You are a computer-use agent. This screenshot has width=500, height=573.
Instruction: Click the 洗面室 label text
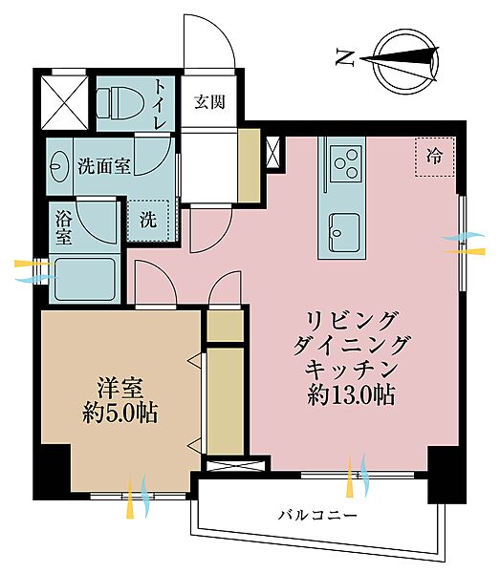click(104, 163)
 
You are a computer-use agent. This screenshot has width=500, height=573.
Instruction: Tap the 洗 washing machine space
click(149, 219)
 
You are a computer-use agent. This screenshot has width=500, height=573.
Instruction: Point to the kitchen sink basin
click(344, 229)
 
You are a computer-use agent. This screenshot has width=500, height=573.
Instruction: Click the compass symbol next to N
click(401, 57)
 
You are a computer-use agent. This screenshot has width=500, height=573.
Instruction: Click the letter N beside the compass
click(344, 58)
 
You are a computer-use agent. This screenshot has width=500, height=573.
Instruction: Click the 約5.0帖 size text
click(120, 414)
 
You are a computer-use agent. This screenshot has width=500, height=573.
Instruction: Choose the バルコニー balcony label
click(317, 516)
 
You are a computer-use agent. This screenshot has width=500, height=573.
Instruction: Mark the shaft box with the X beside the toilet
click(63, 100)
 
